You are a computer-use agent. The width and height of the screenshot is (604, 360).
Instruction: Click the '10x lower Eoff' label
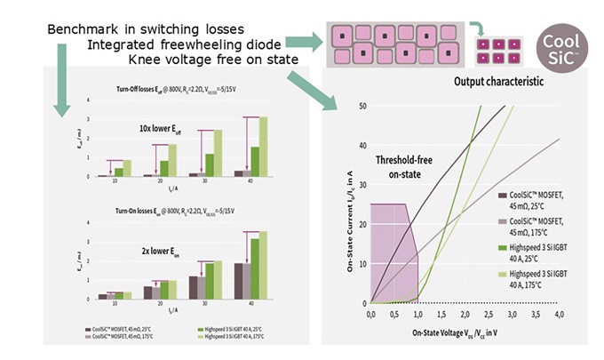click(x=152, y=130)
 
